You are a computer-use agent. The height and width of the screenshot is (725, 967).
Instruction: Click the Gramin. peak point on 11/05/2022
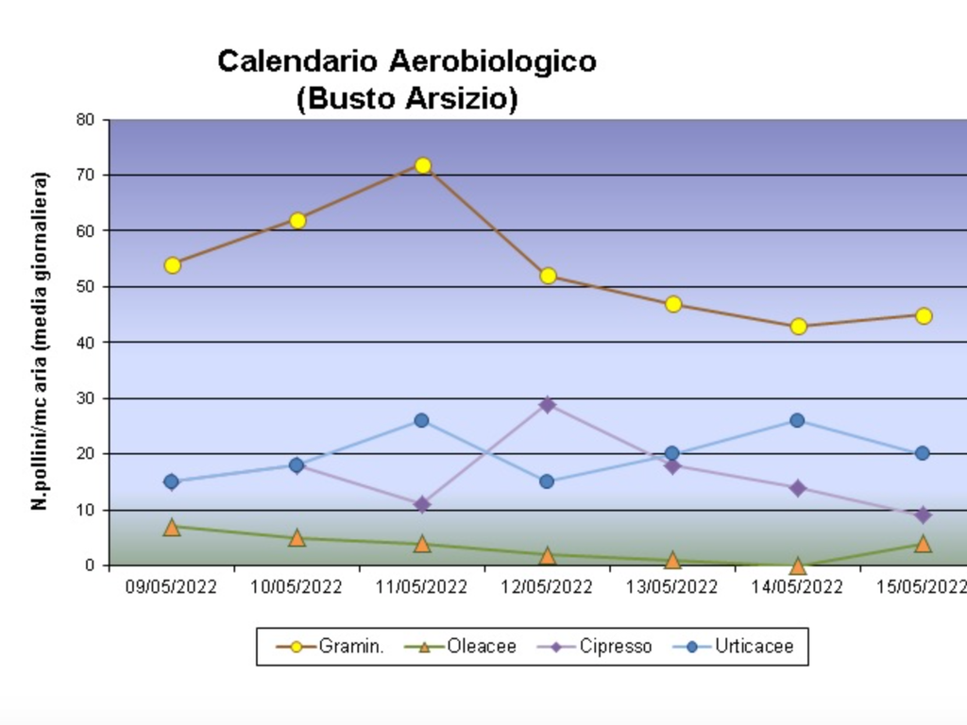tap(423, 166)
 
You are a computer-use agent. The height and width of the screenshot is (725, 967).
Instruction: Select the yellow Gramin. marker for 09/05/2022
tap(172, 265)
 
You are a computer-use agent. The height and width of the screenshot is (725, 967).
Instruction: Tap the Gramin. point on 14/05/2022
tap(798, 327)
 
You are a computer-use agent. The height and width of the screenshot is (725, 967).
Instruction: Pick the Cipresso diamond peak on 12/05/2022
tap(548, 405)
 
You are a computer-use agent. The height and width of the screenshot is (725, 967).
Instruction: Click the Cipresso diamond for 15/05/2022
tap(923, 515)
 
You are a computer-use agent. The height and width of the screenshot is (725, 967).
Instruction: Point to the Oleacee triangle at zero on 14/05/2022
tap(798, 566)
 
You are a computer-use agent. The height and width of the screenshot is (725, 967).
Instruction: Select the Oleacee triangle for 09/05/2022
tap(172, 527)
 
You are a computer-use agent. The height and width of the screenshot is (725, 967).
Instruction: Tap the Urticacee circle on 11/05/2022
tap(421, 420)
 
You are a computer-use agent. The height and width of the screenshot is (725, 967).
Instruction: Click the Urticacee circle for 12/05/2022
tap(547, 481)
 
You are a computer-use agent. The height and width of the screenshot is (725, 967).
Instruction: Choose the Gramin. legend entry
tap(331, 647)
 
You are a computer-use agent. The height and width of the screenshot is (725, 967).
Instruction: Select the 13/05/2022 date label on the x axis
tap(672, 587)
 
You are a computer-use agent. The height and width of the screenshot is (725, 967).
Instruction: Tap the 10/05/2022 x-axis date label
tap(297, 587)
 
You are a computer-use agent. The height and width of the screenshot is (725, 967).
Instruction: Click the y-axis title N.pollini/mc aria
tap(40, 341)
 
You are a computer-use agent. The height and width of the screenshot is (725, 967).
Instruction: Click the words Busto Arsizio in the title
tap(407, 98)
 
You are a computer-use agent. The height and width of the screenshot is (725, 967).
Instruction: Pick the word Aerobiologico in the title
tap(492, 61)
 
